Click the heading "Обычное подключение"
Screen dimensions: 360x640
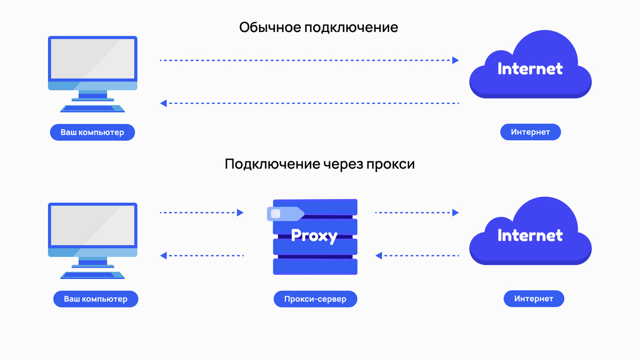(318, 27)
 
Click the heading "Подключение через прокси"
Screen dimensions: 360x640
(319, 164)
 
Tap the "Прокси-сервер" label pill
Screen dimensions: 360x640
(315, 299)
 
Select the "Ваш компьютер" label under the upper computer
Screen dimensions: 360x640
(92, 132)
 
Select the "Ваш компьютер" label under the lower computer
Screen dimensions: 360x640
(95, 299)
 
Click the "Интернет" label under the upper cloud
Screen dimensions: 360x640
(530, 132)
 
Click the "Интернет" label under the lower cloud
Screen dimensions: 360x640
(533, 299)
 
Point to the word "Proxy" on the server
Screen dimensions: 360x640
(314, 235)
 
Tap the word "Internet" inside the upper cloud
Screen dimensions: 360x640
(530, 68)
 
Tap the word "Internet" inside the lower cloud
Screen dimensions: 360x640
(530, 235)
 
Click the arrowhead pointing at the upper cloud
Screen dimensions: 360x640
(455, 60)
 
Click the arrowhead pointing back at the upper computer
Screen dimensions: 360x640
(164, 103)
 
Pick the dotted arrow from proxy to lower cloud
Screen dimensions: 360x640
(417, 213)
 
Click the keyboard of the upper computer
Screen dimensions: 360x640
(92, 109)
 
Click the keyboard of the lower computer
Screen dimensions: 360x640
(92, 275)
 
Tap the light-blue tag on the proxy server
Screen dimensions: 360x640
(284, 214)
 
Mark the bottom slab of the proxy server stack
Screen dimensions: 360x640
(315, 267)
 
